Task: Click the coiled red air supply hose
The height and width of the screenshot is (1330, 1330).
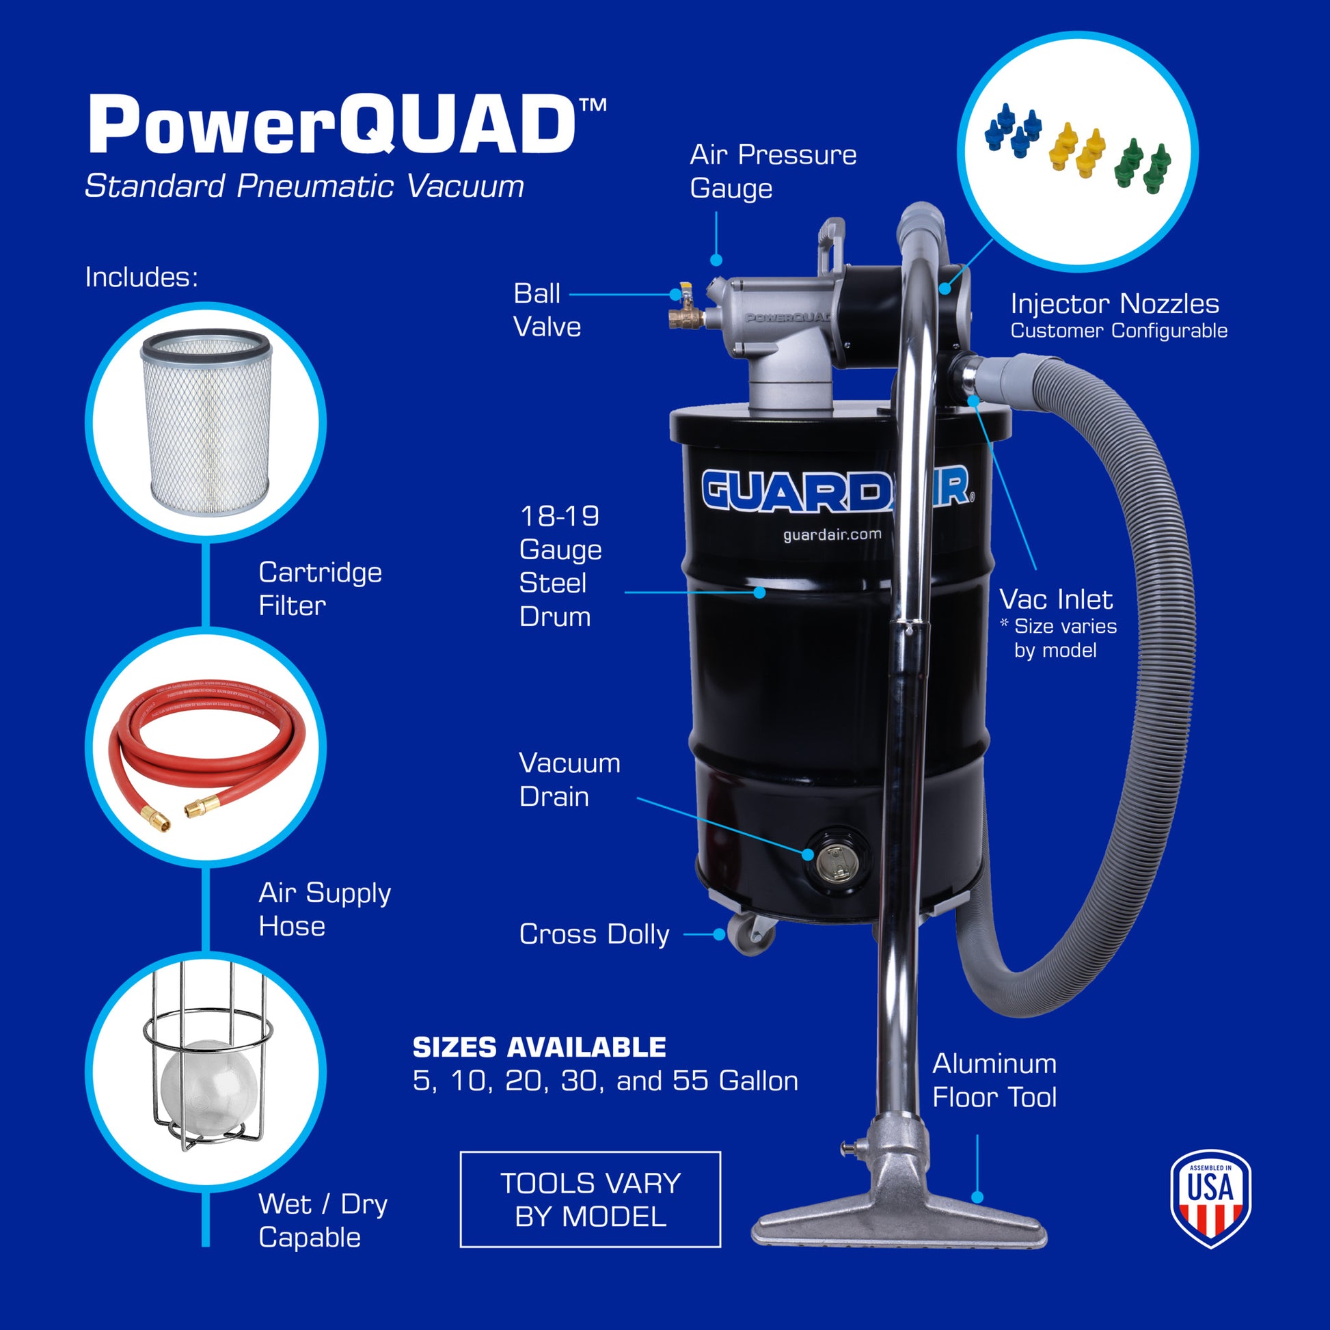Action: (205, 747)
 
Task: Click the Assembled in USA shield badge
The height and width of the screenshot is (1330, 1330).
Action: (1210, 1198)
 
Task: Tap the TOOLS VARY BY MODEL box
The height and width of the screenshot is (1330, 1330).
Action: (590, 1200)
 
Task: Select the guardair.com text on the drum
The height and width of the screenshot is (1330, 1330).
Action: (832, 535)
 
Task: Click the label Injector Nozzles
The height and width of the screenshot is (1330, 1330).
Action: (1115, 303)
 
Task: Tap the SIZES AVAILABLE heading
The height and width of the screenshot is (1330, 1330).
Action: (539, 1047)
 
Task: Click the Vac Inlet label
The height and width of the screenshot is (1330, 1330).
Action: (1055, 599)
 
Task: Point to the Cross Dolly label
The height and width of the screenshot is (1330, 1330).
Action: (594, 934)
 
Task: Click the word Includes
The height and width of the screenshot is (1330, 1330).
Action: (141, 277)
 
